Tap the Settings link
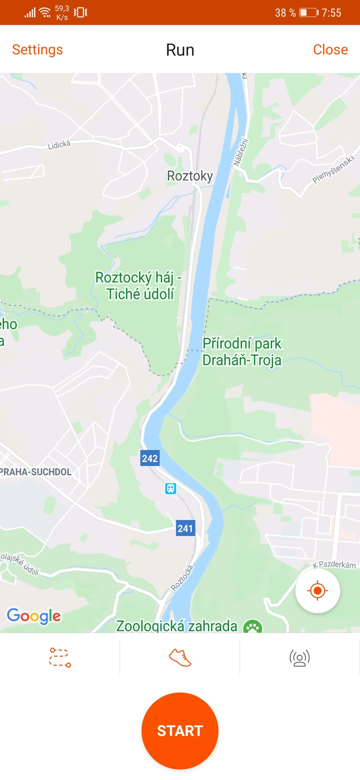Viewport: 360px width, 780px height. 37,50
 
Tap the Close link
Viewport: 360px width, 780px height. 330,50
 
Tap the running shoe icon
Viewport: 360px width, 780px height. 180,657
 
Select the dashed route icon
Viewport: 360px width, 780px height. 60,657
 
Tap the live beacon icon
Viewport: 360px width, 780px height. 300,658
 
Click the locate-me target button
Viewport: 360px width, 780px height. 318,591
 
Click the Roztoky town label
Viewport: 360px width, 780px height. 190,176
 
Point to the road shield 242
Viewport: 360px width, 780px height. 150,458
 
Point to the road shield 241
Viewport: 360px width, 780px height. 185,528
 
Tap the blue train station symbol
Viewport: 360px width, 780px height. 171,489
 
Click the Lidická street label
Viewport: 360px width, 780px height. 59,145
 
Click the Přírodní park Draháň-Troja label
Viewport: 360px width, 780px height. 242,352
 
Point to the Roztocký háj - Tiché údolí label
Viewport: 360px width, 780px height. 138,286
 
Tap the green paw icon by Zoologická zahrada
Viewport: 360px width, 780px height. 253,627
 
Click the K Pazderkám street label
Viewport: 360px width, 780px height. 334,564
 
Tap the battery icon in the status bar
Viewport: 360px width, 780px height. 309,13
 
